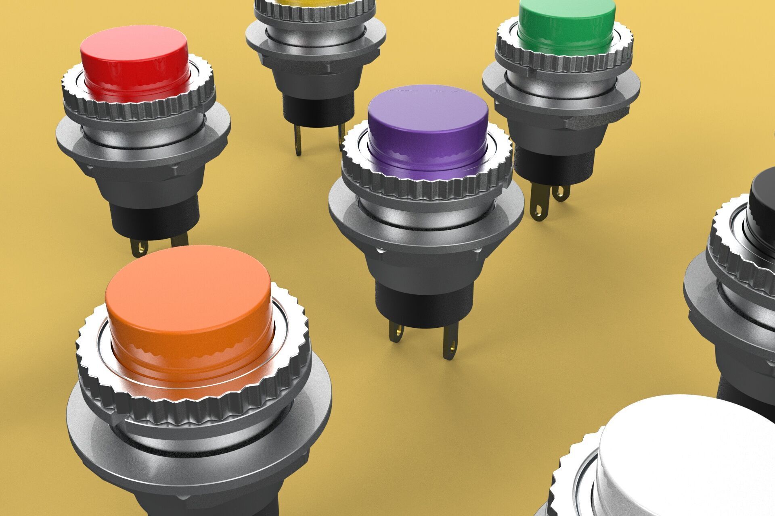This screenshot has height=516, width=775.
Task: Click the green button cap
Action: tap(567, 20)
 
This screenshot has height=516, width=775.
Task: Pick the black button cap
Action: tap(763, 202)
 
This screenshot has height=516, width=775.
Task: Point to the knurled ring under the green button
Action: tap(565, 60)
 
